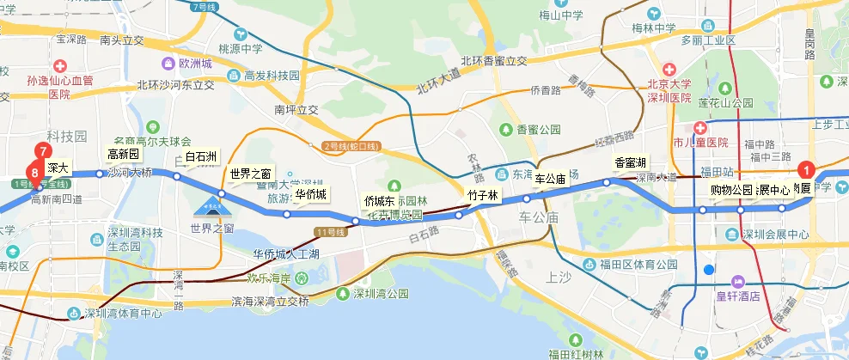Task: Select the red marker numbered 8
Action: pos(34,173)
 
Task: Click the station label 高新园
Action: pos(122,154)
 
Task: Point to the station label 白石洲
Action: pos(201,156)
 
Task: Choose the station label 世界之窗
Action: pos(250,174)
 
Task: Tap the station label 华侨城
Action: pos(310,194)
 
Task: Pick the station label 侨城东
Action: pos(379,200)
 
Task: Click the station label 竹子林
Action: pos(482,195)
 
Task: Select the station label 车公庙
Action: pos(550,180)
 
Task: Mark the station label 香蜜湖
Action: pos(630,162)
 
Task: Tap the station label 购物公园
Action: pos(730,190)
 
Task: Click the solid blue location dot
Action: pos(708,271)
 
